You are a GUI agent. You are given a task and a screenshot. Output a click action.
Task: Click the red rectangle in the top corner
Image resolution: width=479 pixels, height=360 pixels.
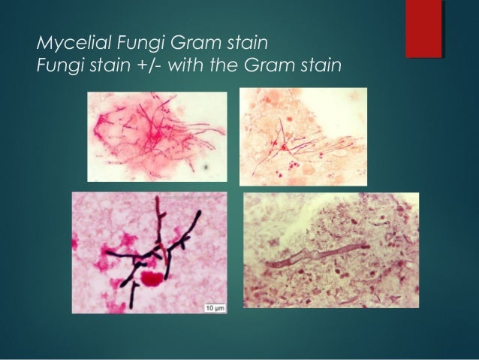(423, 29)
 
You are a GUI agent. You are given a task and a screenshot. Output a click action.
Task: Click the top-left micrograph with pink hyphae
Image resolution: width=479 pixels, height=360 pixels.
(157, 136)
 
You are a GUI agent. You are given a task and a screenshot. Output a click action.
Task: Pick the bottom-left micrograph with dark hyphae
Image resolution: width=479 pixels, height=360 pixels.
(149, 253)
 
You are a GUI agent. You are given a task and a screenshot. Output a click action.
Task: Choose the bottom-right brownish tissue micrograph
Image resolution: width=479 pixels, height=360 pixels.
(330, 250)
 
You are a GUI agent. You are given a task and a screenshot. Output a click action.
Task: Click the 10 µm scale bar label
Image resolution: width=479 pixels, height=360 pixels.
(212, 307)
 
